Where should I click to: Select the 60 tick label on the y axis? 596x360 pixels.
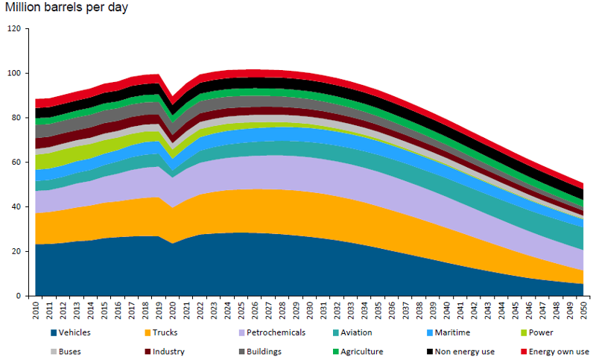click(17, 162)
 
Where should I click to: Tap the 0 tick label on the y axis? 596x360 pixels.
click(19, 296)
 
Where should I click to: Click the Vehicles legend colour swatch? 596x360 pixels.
click(54, 332)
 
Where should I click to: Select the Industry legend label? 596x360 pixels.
click(169, 351)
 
